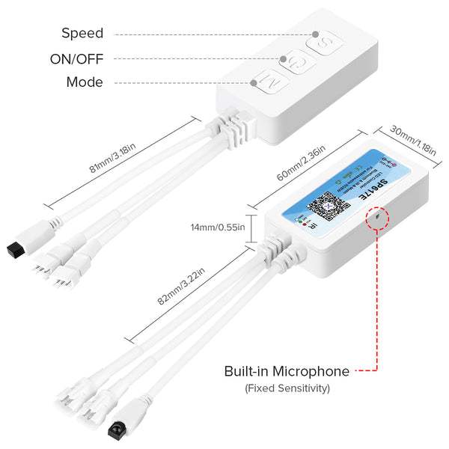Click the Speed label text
point(82,33)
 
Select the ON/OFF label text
point(76,58)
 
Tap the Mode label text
point(85,82)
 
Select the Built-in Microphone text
point(287,371)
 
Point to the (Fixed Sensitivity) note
point(287,388)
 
